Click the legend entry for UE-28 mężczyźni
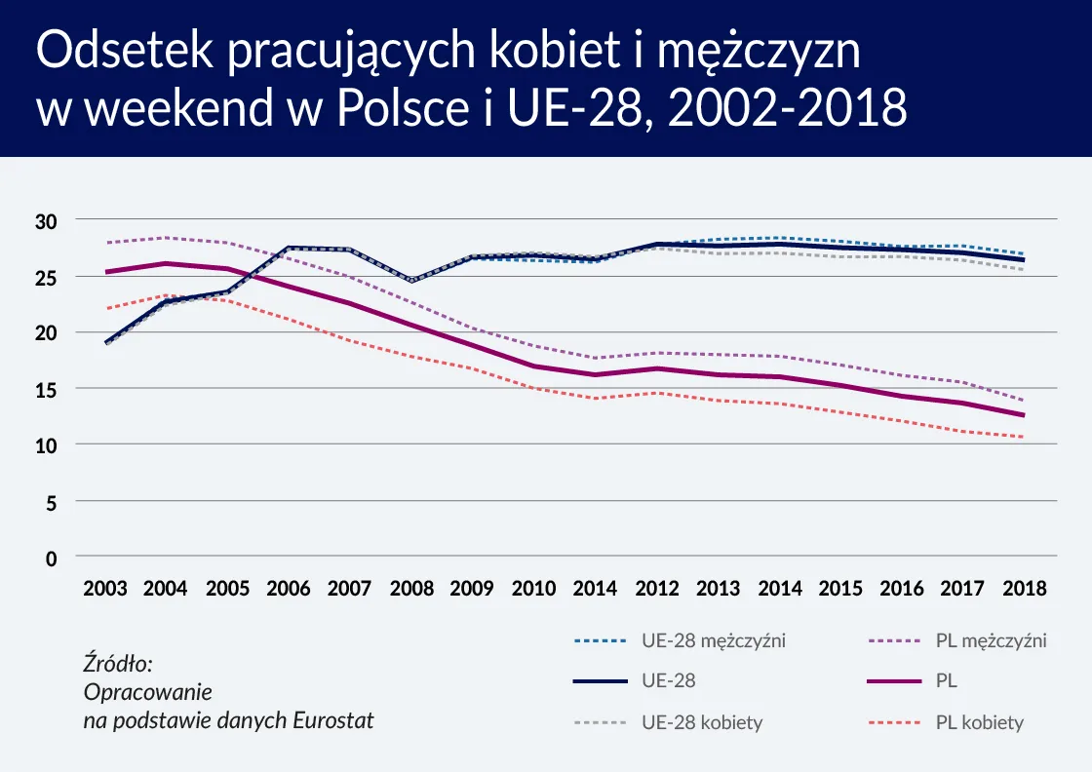click(x=713, y=640)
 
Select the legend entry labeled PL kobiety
click(x=979, y=722)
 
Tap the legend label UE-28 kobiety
click(x=701, y=722)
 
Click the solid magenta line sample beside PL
click(x=894, y=681)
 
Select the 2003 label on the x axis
click(x=105, y=589)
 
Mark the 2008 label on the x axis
click(x=411, y=589)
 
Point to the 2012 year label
click(x=656, y=589)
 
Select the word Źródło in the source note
click(x=118, y=664)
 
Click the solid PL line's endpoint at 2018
click(x=1023, y=415)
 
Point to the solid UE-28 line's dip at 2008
click(x=411, y=281)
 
